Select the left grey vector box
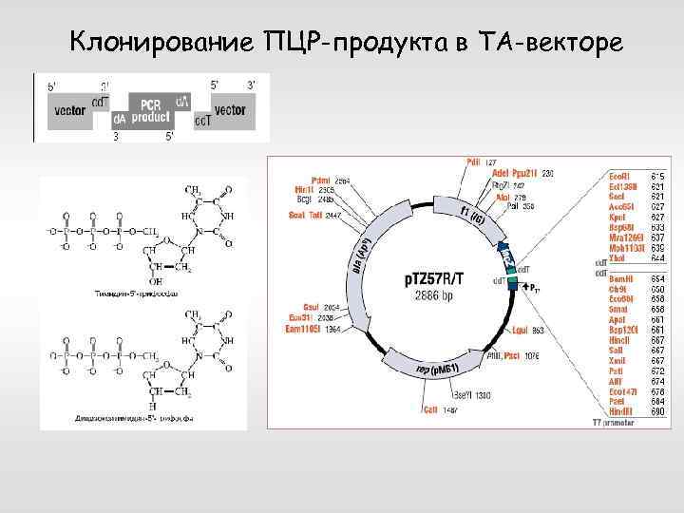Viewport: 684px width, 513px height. click(68, 110)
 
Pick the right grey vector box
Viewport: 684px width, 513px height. click(231, 110)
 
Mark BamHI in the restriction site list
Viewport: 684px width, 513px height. click(622, 278)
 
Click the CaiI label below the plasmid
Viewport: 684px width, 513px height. click(431, 410)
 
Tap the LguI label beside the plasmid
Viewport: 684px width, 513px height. click(520, 332)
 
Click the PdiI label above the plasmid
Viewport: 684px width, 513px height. click(473, 162)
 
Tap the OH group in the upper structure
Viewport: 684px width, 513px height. click(155, 282)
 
